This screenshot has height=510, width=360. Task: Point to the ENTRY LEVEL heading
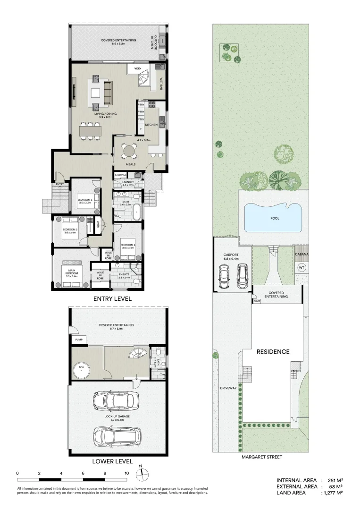click(x=112, y=299)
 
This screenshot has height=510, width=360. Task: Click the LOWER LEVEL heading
click(x=112, y=461)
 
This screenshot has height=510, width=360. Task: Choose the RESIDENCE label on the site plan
click(x=273, y=352)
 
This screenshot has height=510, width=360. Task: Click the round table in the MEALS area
click(x=128, y=152)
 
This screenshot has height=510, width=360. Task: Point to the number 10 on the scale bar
click(x=126, y=473)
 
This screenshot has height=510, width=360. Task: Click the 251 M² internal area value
click(x=333, y=480)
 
